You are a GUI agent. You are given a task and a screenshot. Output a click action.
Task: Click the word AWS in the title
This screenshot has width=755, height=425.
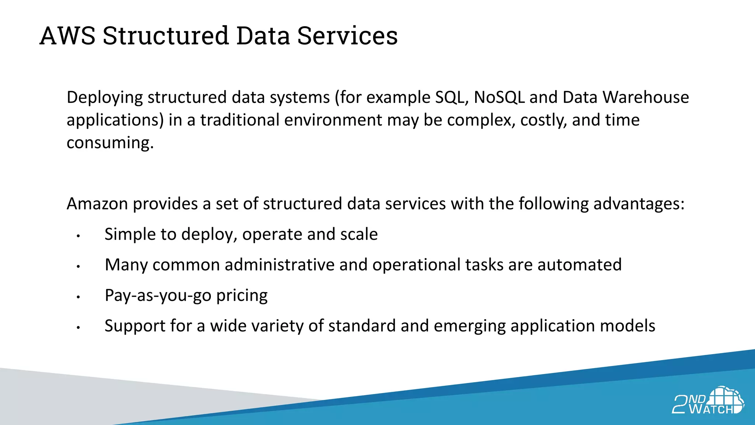pos(67,36)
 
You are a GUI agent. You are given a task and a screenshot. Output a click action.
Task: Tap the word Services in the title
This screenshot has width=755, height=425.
pos(347,36)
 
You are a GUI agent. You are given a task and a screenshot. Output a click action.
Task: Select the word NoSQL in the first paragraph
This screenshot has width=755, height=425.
pos(499,97)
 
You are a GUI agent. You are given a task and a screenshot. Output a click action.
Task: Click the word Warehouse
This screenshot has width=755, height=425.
pos(646,97)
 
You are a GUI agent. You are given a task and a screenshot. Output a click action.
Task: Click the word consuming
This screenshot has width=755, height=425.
pos(110,143)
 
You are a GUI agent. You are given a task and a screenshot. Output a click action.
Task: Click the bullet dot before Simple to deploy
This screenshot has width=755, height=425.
pos(78,236)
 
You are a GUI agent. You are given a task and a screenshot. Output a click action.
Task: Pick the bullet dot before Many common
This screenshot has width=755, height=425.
pos(78,266)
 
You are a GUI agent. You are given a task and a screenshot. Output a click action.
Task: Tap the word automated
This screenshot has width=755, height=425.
pos(580,265)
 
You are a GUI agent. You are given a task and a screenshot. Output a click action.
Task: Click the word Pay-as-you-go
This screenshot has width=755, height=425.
pos(158,296)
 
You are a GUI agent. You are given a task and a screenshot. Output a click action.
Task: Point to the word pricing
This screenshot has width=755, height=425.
pos(242,296)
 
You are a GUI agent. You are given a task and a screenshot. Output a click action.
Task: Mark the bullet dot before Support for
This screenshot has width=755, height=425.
pos(78,327)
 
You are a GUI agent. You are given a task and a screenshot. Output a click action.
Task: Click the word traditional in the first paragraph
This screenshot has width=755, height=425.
pos(240,120)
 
